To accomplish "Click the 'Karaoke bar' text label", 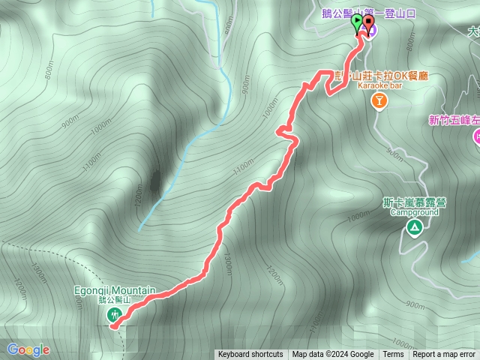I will coord(380,86).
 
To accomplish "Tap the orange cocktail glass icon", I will coord(379,101).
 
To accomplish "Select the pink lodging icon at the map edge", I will coord(476,137).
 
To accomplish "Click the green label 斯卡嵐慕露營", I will coord(413,202).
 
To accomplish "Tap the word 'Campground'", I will coord(414,212).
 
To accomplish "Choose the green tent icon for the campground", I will coord(413,226).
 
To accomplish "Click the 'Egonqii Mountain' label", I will coord(115,290).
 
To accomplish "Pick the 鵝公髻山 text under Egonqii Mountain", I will coord(115,300).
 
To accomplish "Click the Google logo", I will coord(28,349).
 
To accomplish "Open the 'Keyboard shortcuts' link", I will coord(250,355).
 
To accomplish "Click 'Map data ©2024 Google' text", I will coord(333,355).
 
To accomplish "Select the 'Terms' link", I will coord(393,355).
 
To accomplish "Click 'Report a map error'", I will coord(444,355).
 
